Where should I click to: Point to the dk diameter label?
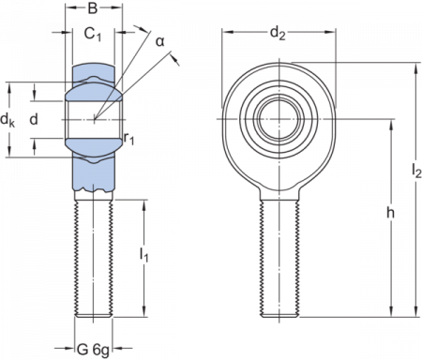click(8, 120)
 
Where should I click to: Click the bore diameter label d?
click(34, 119)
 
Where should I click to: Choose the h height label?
click(389, 214)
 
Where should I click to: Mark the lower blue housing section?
click(93, 169)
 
